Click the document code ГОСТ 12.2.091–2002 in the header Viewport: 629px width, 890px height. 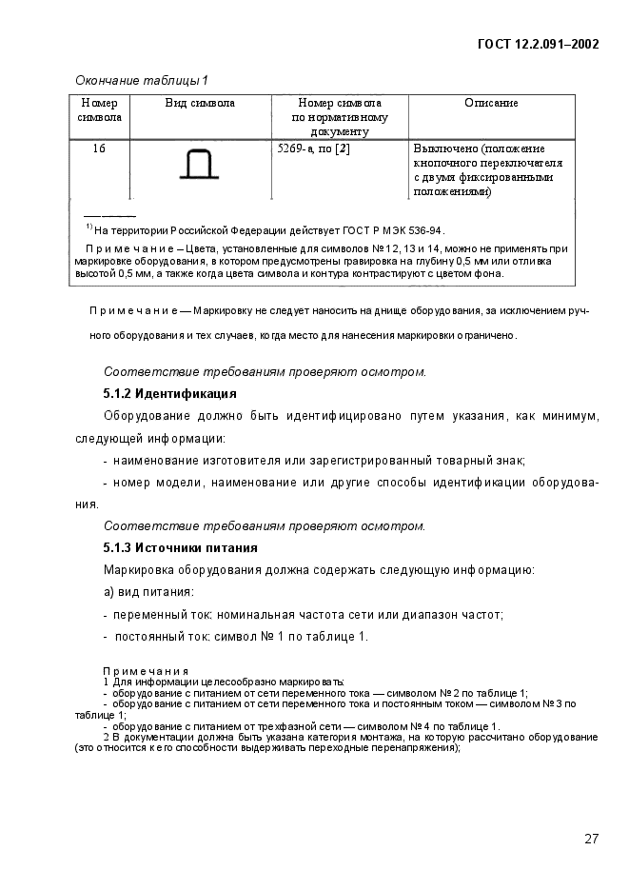click(x=538, y=44)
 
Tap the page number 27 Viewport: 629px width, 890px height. click(x=591, y=839)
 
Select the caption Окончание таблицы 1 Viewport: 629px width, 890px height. click(x=141, y=80)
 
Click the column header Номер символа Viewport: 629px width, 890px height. click(x=99, y=109)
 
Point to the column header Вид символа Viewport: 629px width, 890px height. click(x=200, y=103)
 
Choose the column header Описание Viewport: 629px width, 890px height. click(x=491, y=103)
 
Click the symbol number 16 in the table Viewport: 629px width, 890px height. click(x=99, y=148)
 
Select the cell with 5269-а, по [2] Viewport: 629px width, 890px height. click(x=313, y=148)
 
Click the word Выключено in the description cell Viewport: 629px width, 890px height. click(x=445, y=148)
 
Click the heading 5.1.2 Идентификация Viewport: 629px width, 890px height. click(x=169, y=392)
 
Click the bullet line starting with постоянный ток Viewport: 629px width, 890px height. click(x=235, y=636)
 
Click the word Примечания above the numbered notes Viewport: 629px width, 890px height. click(x=146, y=671)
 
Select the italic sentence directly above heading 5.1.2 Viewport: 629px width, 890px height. click(x=264, y=371)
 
